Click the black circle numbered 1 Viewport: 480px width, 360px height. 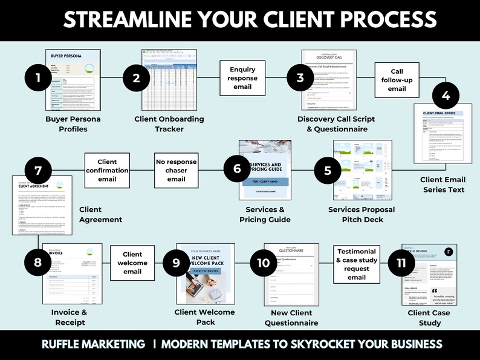pyautogui.click(x=38, y=77)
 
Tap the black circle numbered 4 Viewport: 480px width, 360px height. pyautogui.click(x=446, y=96)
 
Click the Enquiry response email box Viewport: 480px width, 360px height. pyautogui.click(x=242, y=78)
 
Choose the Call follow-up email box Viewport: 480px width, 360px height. pyautogui.click(x=397, y=80)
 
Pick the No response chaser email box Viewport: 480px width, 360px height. pyautogui.click(x=176, y=171)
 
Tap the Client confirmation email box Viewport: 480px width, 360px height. pyautogui.click(x=107, y=171)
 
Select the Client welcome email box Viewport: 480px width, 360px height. pyautogui.click(x=132, y=263)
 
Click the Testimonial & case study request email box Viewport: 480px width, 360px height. pyautogui.click(x=356, y=264)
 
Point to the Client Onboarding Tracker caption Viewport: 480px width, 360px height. pyautogui.click(x=169, y=124)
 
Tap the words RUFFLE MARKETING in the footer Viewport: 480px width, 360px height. pyautogui.click(x=94, y=344)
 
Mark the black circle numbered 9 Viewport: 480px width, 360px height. pyautogui.click(x=176, y=263)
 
